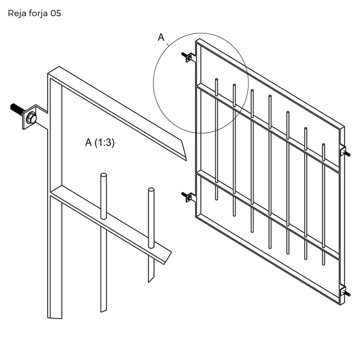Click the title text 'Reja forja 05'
click(35, 13)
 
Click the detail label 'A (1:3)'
click(100, 142)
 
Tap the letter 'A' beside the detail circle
click(161, 37)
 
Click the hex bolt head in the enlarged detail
click(31, 118)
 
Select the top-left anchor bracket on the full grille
click(189, 58)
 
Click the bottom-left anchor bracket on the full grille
click(189, 197)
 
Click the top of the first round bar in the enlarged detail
click(104, 175)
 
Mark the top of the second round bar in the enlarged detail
click(151, 189)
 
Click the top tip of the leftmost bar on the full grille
click(216, 80)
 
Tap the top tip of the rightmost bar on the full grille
click(324, 144)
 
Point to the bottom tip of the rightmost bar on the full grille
click(324, 264)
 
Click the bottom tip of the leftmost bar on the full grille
click(216, 199)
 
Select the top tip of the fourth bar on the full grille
click(270, 96)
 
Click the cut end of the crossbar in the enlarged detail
click(167, 257)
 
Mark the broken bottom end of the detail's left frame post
click(54, 318)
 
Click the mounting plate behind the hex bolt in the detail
click(30, 117)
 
